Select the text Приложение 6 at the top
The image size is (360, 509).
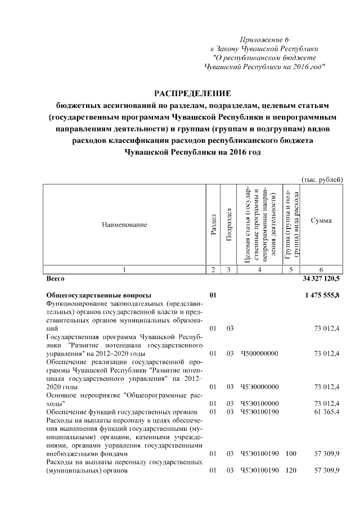coord(263,39)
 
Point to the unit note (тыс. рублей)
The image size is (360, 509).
coord(322,179)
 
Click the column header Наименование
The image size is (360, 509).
coord(124,224)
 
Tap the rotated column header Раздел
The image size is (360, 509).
coord(213,224)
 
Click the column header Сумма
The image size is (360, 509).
coord(321,220)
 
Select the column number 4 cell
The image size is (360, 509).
coord(259,269)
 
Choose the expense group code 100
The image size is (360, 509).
coord(290,453)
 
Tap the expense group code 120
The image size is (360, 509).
coord(290,470)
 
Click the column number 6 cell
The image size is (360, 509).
coord(321,269)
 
